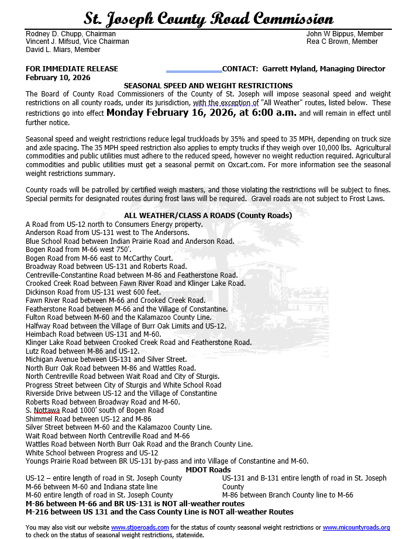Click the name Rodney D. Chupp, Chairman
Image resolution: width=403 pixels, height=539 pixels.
pyautogui.click(x=71, y=34)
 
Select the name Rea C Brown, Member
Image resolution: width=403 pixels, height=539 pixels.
pyautogui.click(x=342, y=42)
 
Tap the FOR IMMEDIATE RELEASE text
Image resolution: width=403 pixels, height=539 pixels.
pyautogui.click(x=72, y=69)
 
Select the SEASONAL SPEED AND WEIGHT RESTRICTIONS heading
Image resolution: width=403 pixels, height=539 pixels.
pyautogui.click(x=208, y=85)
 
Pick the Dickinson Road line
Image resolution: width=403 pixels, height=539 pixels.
pyautogui.click(x=93, y=292)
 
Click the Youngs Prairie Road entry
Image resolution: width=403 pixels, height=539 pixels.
pyautogui.click(x=167, y=461)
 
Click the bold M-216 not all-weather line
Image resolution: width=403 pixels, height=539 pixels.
pyautogui.click(x=160, y=512)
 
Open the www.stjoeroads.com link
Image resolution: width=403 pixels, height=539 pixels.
pyautogui.click(x=140, y=527)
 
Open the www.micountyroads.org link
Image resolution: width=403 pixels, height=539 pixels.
pyautogui.click(x=356, y=527)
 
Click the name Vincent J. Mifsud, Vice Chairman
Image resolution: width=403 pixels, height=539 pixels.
pyautogui.click(x=77, y=42)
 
